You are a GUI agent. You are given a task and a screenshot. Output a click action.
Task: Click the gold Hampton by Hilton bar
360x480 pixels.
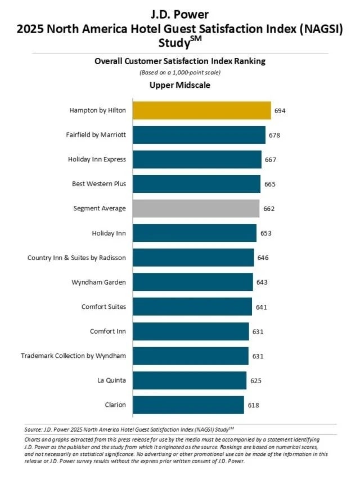pos(201,111)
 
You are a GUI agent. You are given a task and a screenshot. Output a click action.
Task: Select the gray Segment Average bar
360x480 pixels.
pos(196,208)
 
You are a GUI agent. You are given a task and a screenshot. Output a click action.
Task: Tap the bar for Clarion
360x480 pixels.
pos(188,405)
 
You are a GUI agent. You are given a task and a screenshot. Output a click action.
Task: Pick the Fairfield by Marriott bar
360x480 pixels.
pos(199,135)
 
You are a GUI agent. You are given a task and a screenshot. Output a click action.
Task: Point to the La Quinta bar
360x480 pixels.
pos(190,380)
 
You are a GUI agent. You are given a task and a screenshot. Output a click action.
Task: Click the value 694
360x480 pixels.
pos(280,111)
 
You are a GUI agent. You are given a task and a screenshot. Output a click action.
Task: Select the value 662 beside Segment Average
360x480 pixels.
pos(269,208)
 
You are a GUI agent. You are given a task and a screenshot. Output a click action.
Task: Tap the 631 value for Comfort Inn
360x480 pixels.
pos(258,331)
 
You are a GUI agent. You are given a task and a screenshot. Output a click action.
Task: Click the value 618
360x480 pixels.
pos(254,405)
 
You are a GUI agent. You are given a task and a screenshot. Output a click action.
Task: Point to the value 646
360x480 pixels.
pos(263,258)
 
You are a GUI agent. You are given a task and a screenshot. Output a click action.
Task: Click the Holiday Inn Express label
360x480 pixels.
pos(97,159)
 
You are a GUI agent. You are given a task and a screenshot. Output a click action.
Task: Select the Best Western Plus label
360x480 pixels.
pos(99,184)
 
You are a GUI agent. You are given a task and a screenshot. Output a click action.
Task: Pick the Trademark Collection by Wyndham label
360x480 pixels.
pos(73,356)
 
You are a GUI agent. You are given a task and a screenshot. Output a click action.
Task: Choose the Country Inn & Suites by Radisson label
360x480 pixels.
pos(76,258)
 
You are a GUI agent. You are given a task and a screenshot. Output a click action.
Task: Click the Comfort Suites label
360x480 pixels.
pos(103,307)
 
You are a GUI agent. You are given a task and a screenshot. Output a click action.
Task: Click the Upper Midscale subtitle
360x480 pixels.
pos(179,85)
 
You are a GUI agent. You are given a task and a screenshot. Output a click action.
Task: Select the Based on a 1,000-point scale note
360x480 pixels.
pos(179,73)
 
